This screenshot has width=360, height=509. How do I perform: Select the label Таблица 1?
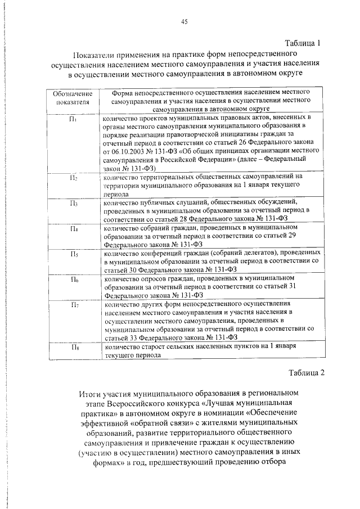303,43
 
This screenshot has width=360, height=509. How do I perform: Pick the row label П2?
73,178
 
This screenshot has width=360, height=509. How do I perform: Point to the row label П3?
73,202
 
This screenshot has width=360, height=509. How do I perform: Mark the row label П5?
73,254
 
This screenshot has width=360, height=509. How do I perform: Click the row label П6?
73,279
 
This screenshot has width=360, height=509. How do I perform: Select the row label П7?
73,305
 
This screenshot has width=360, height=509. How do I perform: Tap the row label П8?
73,347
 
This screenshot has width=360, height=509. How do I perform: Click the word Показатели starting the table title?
96,55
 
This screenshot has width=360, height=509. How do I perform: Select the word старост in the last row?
155,348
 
